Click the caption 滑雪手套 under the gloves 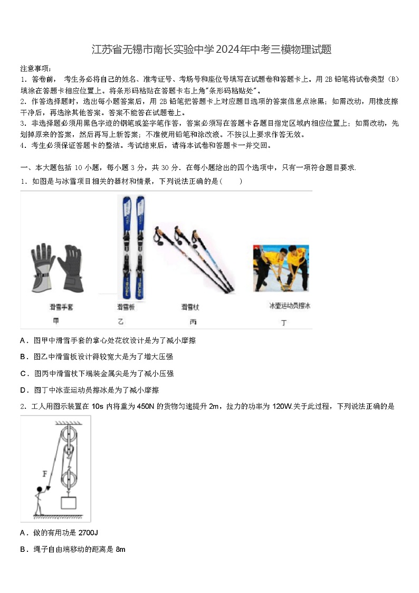pyautogui.click(x=61, y=307)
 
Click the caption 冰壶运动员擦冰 pyautogui.click(x=289, y=306)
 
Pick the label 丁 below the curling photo pyautogui.click(x=284, y=322)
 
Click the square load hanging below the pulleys pyautogui.click(x=68, y=502)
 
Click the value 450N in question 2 pyautogui.click(x=145, y=406)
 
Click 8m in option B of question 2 pyautogui.click(x=120, y=549)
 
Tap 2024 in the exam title pyautogui.click(x=228, y=50)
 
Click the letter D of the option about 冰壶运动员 pyautogui.click(x=23, y=390)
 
